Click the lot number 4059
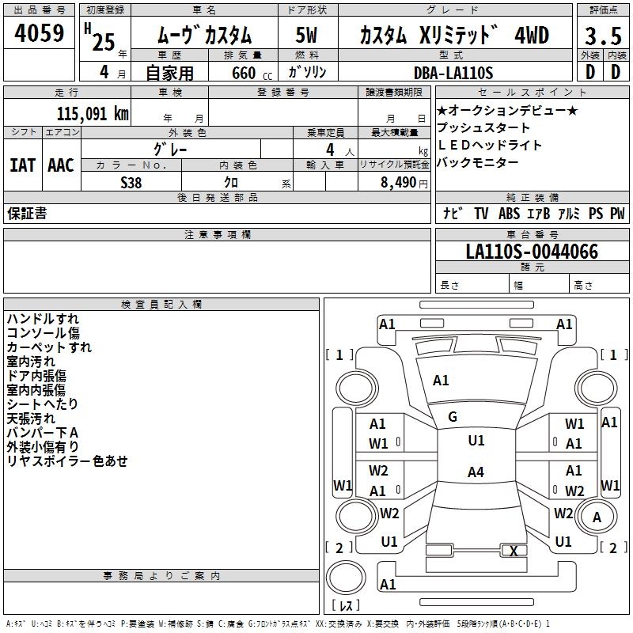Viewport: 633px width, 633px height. coord(40,35)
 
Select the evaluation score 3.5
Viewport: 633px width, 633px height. coord(603,36)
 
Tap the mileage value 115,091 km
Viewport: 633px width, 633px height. coord(93,114)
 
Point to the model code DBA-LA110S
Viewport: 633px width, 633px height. coord(453,73)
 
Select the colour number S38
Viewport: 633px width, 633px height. coord(131,183)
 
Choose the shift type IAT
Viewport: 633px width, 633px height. coord(23,165)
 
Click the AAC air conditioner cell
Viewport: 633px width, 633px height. coord(61,165)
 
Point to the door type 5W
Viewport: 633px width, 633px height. coord(307,36)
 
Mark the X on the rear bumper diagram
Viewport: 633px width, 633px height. coord(514,551)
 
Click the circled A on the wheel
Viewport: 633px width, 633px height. coord(597,517)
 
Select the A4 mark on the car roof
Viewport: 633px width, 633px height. coord(476,472)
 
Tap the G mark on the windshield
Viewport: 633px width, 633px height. coord(453,416)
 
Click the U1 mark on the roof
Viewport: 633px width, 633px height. coord(476,441)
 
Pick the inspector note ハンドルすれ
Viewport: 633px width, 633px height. coord(43,319)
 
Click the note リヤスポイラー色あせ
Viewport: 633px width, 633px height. coord(67,461)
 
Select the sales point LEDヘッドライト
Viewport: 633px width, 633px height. coord(490,146)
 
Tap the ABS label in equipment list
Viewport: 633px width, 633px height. coord(509,214)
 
